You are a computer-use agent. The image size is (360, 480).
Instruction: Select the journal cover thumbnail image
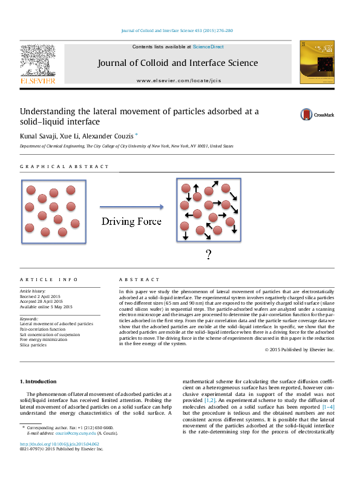click(x=316, y=62)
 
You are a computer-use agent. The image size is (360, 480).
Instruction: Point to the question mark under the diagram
click(x=208, y=255)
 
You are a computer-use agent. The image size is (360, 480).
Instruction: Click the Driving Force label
click(x=131, y=221)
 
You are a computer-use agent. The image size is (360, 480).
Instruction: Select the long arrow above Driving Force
click(x=131, y=206)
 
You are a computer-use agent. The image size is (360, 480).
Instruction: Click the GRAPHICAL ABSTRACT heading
click(x=65, y=167)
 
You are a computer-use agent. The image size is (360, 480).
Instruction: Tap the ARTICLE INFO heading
click(x=49, y=280)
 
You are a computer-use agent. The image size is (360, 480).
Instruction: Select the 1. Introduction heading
click(x=39, y=381)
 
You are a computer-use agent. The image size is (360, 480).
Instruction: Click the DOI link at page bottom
click(x=60, y=443)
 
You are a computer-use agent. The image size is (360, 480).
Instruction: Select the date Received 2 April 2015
click(x=41, y=296)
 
